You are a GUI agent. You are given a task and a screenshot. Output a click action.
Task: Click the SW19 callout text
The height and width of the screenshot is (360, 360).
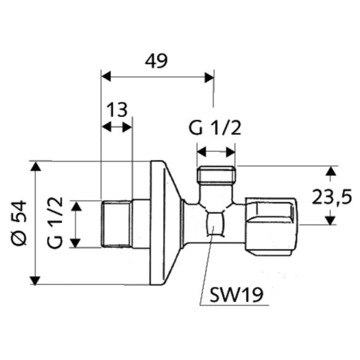point(236,294)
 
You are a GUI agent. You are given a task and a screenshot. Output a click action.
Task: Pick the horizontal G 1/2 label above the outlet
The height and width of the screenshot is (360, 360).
point(215,129)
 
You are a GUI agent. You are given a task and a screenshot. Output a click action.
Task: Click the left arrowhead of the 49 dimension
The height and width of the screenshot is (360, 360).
point(105,77)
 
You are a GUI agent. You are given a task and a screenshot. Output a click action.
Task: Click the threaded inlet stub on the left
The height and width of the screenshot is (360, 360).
point(116,223)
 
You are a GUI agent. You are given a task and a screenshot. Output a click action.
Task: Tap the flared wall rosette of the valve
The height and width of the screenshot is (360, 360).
point(163,223)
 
